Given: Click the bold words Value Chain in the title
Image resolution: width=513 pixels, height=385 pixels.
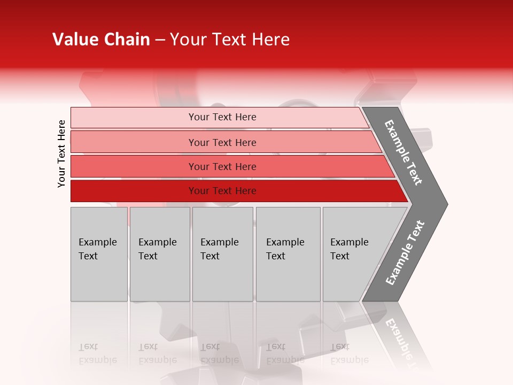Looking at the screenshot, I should (101, 40).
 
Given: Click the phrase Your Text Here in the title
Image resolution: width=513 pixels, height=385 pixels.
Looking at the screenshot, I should (230, 40).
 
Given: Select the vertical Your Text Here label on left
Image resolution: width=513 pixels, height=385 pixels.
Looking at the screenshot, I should (62, 153).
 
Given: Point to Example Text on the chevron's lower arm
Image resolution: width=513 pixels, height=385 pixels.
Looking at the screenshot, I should (405, 252).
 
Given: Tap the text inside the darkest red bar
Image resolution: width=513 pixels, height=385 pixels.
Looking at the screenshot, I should (222, 191).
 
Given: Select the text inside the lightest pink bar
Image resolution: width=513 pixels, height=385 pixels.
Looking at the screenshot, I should (222, 117).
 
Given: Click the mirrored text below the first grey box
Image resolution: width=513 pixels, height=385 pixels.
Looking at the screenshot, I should (97, 353).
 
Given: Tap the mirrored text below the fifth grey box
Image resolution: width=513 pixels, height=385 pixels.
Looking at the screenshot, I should (349, 353).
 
